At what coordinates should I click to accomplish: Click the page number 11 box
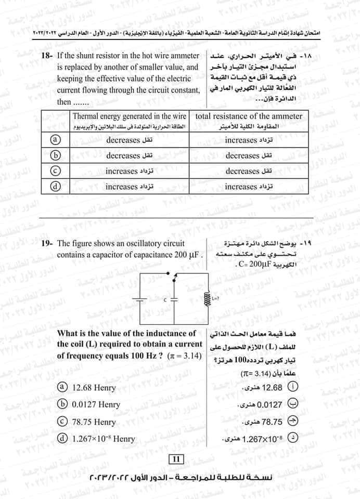(175, 458)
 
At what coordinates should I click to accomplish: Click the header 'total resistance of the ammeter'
(248, 116)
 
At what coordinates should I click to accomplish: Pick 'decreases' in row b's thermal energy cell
(123, 155)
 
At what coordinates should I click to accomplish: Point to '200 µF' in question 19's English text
(186, 255)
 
